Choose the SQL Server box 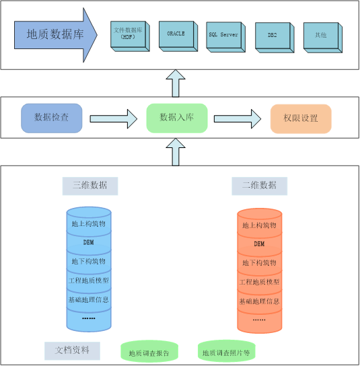pos(223,35)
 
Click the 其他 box pos(320,36)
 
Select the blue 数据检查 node pos(51,117)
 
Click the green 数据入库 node pos(176,118)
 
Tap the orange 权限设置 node pos(300,118)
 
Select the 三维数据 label pos(89,185)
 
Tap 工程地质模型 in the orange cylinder pos(259,282)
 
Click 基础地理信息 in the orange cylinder pos(259,301)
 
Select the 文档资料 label pos(72,350)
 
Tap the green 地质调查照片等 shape pos(227,352)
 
